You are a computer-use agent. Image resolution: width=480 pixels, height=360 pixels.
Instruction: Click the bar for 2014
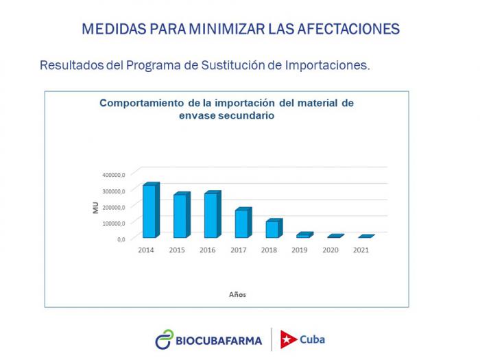(x=149, y=211)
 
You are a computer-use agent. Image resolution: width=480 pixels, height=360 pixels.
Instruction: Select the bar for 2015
(x=180, y=215)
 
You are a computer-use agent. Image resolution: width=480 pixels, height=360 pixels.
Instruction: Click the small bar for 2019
(x=303, y=235)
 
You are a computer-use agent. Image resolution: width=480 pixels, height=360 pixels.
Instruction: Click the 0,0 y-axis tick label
(x=120, y=239)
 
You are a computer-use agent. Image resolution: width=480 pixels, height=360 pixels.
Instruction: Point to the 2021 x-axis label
(x=361, y=250)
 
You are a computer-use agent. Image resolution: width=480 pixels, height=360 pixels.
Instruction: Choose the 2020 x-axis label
(x=330, y=250)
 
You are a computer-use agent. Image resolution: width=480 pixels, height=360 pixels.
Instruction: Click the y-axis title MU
(x=96, y=207)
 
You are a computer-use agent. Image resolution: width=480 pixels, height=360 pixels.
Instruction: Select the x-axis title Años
(x=237, y=295)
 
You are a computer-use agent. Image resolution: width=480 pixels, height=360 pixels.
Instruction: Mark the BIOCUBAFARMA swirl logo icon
(x=165, y=339)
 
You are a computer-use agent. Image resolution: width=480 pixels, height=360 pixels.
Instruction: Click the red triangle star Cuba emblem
(x=289, y=339)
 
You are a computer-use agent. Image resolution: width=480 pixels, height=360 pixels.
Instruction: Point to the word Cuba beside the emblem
(x=313, y=339)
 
